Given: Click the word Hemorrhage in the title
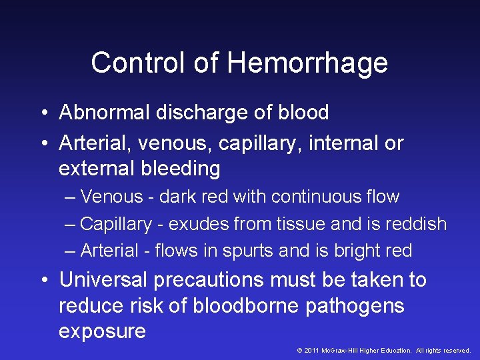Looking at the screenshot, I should (x=307, y=63).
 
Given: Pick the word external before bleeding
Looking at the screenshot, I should (x=97, y=169).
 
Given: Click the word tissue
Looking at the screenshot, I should (x=285, y=224).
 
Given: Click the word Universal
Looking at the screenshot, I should (x=105, y=279).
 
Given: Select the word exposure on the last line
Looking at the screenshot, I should (x=102, y=331).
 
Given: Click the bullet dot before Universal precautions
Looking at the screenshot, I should (x=43, y=280).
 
